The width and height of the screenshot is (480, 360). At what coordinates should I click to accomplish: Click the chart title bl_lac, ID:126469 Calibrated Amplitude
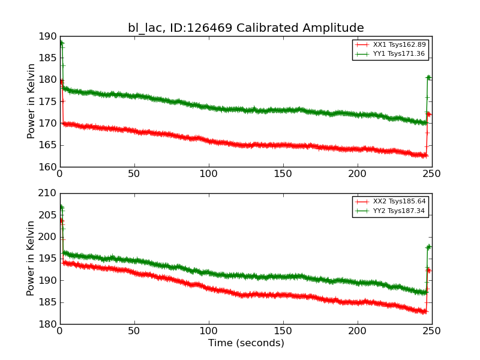point(245,28)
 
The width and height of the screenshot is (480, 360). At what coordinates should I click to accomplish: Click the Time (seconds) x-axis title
point(246,343)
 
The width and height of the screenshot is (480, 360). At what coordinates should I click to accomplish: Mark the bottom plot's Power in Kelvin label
point(31,259)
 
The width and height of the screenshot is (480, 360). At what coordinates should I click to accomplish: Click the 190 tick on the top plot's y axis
point(49,37)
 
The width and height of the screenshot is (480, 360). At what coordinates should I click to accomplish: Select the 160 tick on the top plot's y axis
point(49,167)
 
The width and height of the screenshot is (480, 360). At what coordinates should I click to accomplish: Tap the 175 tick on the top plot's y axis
point(49,101)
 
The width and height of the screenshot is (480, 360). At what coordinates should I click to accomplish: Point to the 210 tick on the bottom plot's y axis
point(49,194)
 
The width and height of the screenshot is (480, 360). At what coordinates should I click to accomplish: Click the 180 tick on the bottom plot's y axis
point(49,324)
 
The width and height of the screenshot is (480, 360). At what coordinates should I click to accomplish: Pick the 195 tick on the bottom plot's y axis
point(49,259)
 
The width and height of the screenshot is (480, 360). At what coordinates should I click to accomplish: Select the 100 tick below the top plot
point(209,174)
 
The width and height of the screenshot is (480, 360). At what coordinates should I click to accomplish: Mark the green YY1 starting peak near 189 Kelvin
point(61,43)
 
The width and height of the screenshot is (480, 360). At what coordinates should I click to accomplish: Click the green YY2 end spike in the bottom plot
point(428,247)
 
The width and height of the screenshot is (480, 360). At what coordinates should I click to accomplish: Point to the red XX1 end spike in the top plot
point(428,114)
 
